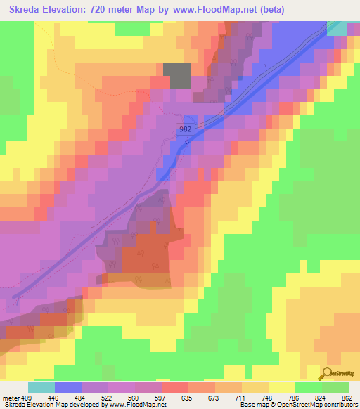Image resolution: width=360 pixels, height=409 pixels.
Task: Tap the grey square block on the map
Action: click(x=176, y=75)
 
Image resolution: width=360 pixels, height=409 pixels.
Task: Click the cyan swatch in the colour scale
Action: click(x=41, y=387)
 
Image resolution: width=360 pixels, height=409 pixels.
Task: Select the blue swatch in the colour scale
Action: click(x=68, y=387)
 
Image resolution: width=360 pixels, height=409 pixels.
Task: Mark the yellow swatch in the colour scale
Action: click(x=282, y=387)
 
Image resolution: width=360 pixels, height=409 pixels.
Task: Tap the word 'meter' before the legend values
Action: click(x=9, y=397)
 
